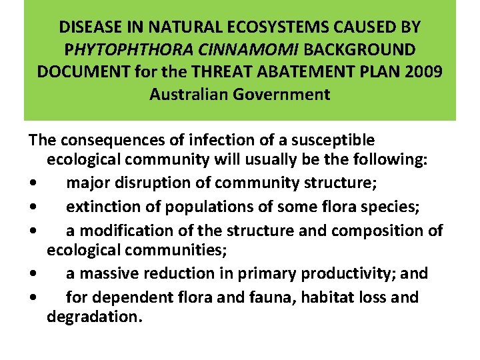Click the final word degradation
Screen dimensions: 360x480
[94, 316]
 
